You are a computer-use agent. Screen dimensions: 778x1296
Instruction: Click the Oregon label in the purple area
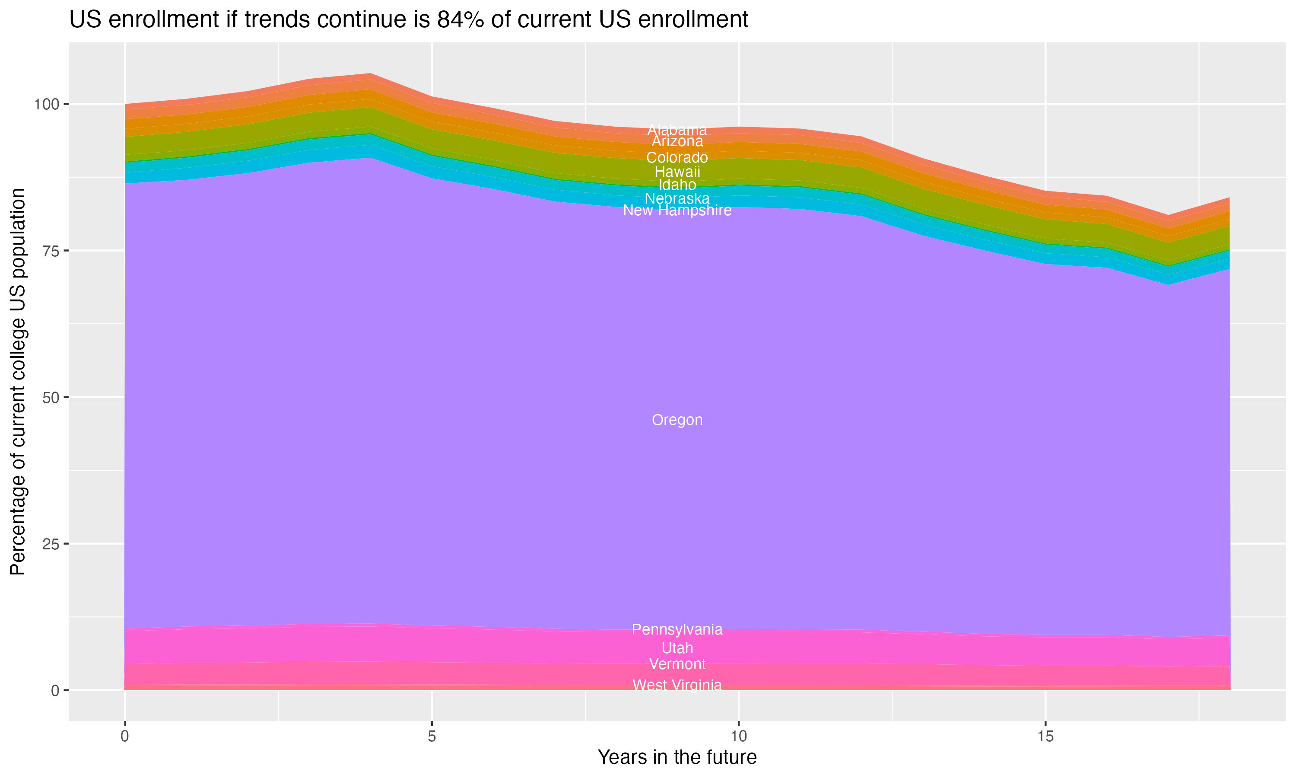677,420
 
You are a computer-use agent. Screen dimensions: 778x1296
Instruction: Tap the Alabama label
677,130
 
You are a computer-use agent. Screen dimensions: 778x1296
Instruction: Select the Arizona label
677,141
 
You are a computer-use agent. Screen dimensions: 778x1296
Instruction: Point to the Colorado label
677,157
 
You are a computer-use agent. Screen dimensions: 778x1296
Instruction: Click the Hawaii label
677,172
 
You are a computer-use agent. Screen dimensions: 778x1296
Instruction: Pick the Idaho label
677,185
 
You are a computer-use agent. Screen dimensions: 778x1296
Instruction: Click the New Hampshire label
677,210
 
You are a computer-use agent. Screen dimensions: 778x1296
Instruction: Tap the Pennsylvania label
677,629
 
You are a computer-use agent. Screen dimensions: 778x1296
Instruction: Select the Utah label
677,648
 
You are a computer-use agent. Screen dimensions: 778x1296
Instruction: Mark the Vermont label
677,664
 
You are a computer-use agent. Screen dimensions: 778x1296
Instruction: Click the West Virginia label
677,685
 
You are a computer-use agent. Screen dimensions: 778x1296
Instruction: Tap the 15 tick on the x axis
1045,737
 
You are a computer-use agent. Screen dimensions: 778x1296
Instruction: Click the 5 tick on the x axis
432,737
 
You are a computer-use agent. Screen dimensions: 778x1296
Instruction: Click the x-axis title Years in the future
677,757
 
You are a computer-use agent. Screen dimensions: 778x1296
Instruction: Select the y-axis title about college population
18,381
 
